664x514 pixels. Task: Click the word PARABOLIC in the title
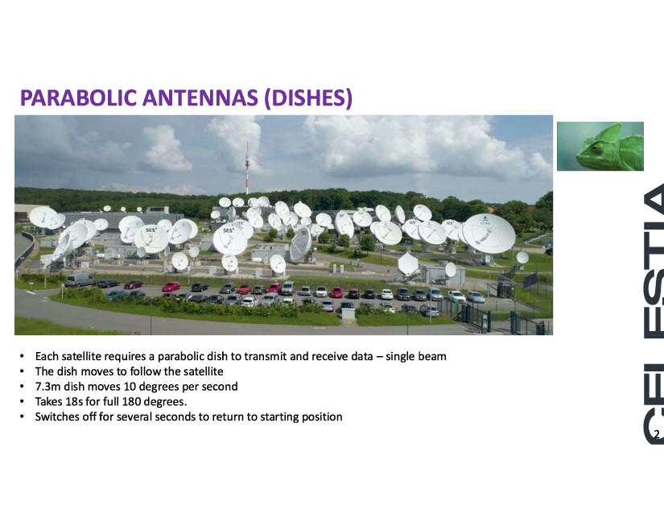78,97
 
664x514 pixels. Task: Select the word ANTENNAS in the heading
200,97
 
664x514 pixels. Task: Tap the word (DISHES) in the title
308,98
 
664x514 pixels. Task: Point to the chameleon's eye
597,148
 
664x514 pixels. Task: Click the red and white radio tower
247,168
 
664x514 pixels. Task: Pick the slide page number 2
657,434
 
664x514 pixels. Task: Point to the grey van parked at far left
80,280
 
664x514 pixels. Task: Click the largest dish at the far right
489,234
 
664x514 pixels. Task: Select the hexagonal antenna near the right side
408,263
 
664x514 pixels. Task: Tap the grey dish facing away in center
301,244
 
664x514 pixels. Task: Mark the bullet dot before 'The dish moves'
22,371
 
